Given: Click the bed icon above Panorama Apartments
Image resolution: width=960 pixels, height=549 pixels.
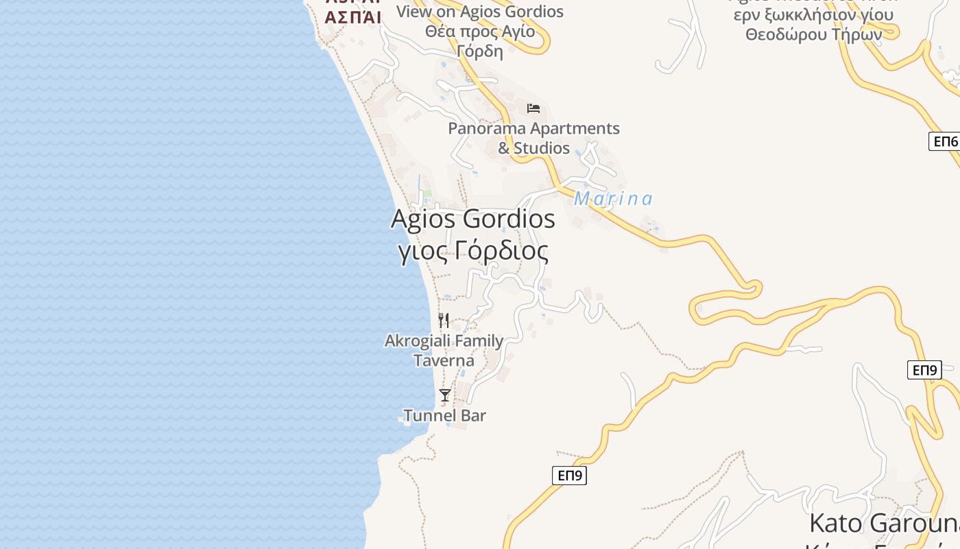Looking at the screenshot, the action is [533, 108].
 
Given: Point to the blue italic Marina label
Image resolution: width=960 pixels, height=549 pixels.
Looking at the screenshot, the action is [613, 199].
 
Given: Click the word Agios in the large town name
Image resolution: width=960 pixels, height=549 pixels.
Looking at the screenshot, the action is [423, 219].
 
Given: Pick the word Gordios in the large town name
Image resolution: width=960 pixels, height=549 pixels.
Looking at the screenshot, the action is [509, 219].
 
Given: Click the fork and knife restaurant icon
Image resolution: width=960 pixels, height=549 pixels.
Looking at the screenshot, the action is [444, 320].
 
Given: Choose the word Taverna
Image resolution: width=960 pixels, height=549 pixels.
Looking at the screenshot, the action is [444, 360].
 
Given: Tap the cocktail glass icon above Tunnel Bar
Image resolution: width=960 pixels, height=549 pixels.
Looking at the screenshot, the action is [445, 395].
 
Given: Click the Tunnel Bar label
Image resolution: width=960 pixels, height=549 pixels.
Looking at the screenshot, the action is [445, 415].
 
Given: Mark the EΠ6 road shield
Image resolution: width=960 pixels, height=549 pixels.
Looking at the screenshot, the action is [945, 141].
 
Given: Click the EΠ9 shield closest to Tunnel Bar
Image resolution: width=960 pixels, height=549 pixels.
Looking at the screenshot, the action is [569, 475].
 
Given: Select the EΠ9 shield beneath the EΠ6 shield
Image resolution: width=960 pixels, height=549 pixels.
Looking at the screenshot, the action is [924, 370].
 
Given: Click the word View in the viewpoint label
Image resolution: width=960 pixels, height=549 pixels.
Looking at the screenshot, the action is [415, 12].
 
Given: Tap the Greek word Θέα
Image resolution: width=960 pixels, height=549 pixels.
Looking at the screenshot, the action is [440, 32].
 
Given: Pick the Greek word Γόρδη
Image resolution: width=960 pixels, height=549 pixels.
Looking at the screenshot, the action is [480, 51].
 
